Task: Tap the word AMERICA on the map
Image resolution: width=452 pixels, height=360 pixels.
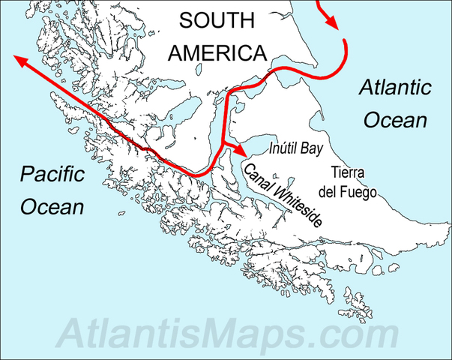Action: pyautogui.click(x=217, y=52)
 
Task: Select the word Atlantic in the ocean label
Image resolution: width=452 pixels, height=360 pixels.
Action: pyautogui.click(x=394, y=88)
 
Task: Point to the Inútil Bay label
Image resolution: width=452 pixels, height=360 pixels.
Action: pyautogui.click(x=295, y=148)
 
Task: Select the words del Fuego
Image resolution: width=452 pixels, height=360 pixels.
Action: pyautogui.click(x=346, y=191)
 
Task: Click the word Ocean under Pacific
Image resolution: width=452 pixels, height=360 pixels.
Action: pyautogui.click(x=52, y=207)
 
